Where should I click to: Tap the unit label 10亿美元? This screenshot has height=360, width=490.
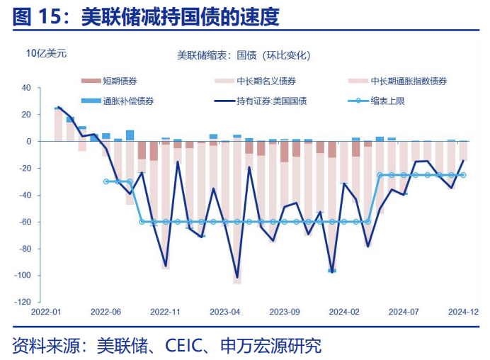pos(46,54)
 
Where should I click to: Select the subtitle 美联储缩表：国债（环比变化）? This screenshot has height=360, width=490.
pos(244,55)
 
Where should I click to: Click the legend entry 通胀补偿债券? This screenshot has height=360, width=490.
pos(128,101)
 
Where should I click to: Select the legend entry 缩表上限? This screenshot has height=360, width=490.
pos(387,101)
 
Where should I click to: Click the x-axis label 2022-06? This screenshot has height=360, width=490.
pos(107,310)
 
